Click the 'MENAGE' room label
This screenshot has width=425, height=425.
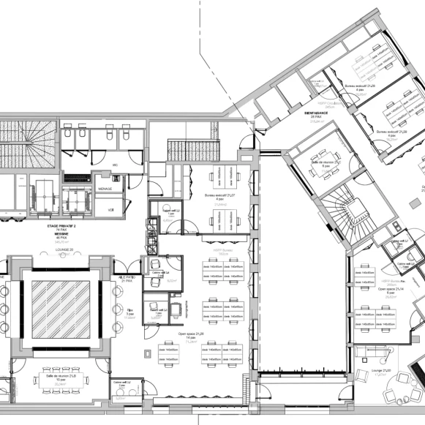105,188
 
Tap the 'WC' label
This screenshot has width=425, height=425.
116,165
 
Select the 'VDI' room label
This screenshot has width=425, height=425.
110,210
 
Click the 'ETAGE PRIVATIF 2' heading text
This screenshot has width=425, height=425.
62,227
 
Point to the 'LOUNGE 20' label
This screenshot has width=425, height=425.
64,250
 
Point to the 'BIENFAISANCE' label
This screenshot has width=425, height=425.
317,113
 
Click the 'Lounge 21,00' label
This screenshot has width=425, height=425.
382,372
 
